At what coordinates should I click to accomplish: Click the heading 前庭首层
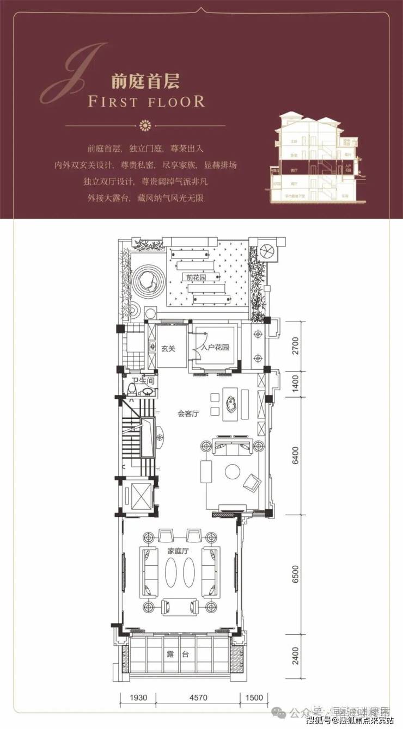coord(145,82)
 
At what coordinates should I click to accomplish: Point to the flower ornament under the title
coord(145,126)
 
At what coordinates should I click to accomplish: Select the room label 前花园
coord(194,277)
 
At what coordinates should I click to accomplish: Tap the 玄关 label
coord(168,349)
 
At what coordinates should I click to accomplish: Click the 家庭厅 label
coord(178,551)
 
